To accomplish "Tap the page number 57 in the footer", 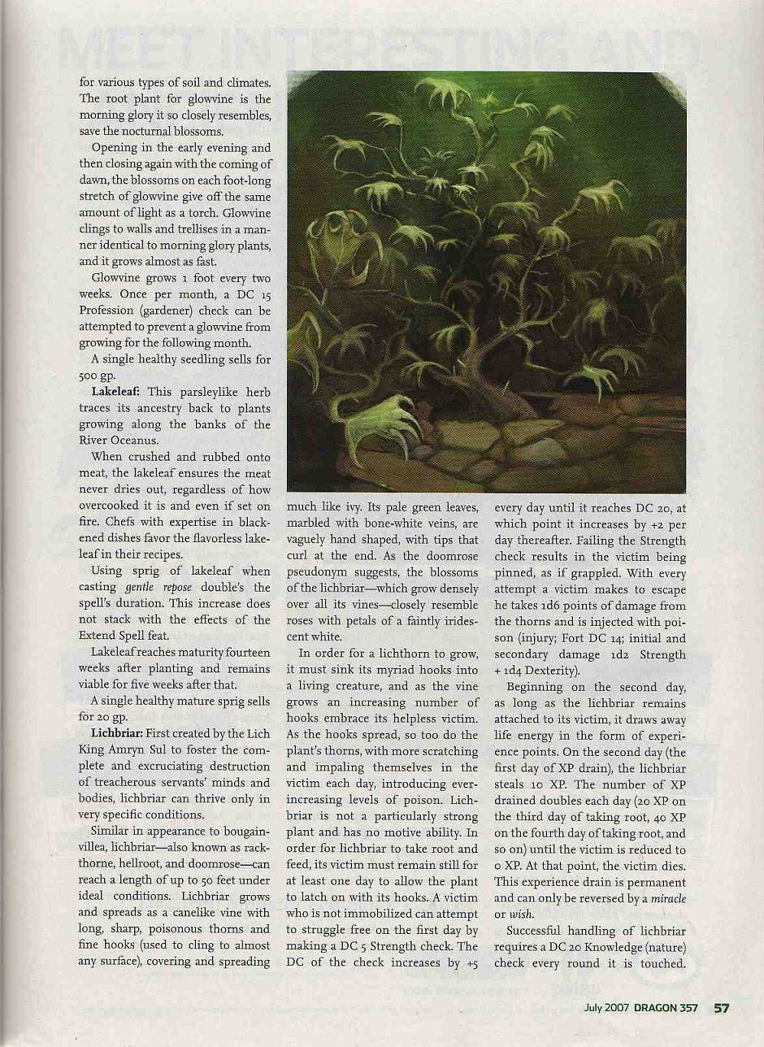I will coord(722,1008).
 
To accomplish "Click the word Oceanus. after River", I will coord(124,441).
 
